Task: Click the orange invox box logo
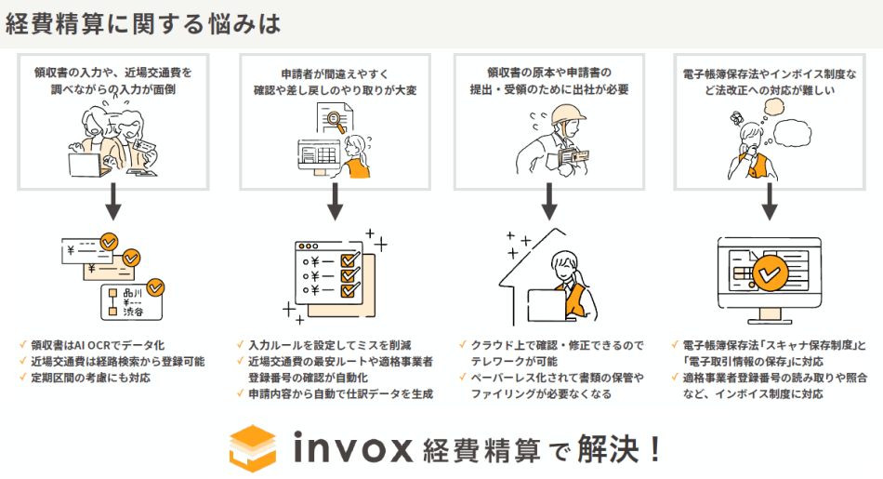coord(253,448)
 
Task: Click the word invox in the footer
coord(353,448)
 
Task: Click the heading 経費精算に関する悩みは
coord(142,23)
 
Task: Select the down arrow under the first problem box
coord(113,201)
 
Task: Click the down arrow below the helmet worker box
coord(549,201)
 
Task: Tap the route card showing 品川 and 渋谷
coord(131,302)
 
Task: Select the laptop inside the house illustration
coord(547,305)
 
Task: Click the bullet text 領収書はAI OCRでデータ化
coord(98,345)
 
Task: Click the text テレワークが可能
coord(514,361)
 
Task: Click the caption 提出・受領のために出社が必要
coord(549,89)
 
